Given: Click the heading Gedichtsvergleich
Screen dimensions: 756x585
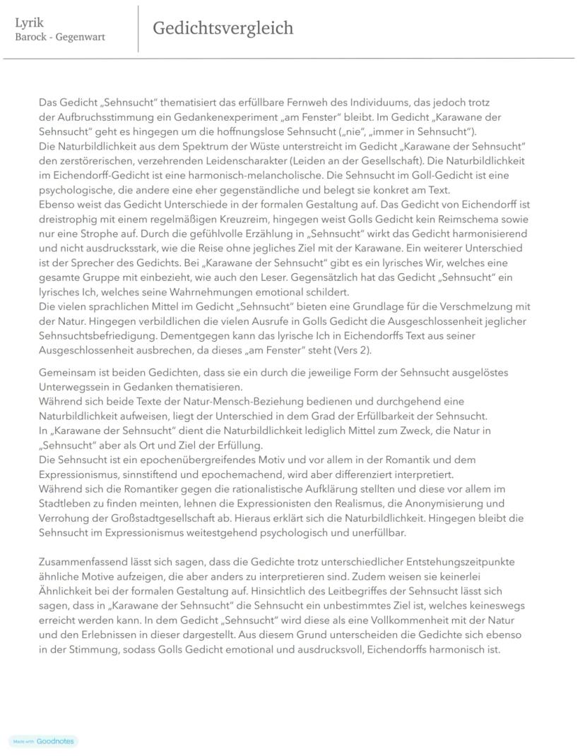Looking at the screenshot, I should click(x=223, y=28).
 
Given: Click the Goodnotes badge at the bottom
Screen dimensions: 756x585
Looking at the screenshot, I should click(x=43, y=741).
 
